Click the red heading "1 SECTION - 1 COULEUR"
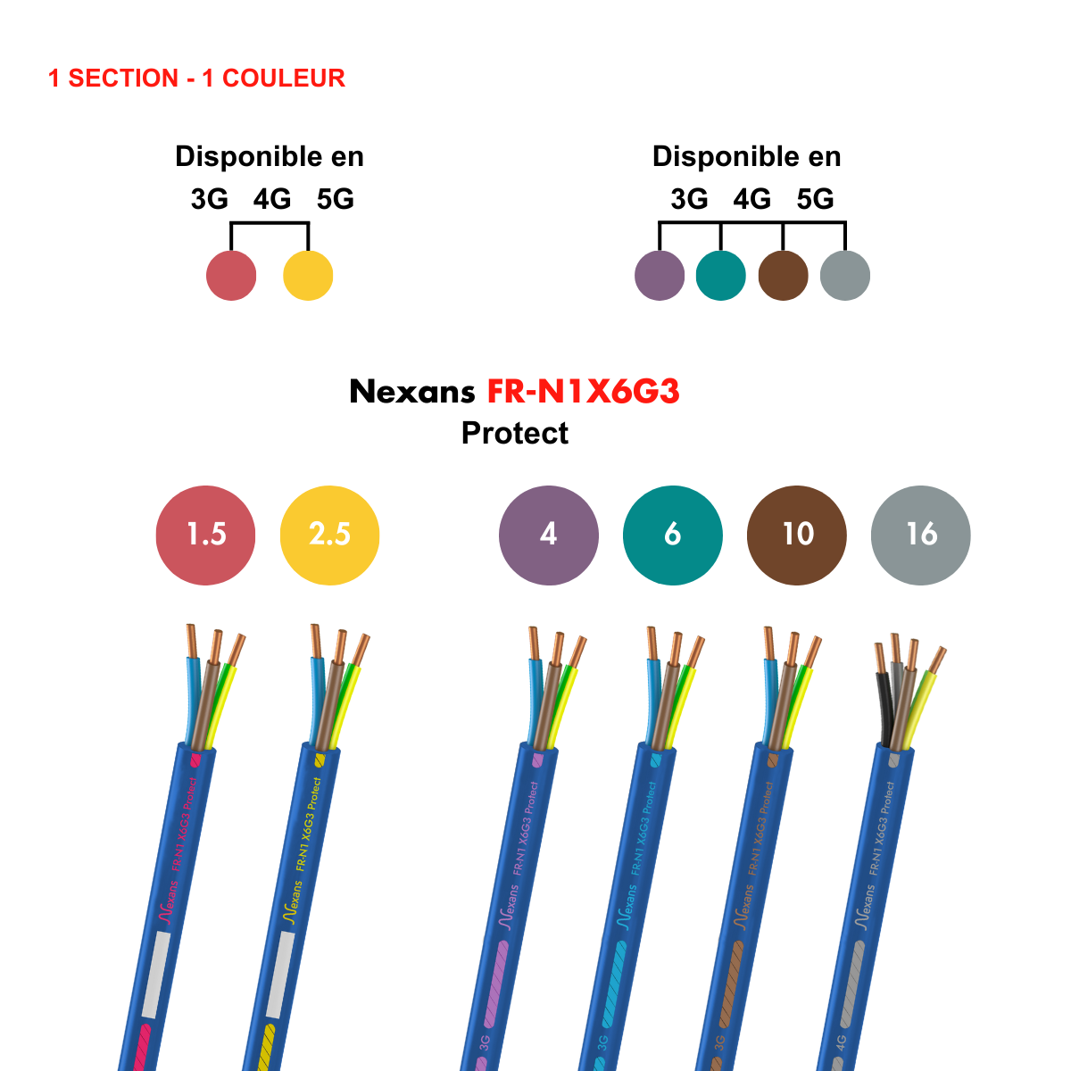[x=196, y=79]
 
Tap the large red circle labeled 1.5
[x=205, y=535]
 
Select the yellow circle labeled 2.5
[x=329, y=535]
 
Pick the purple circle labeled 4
[x=549, y=535]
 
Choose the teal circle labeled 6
[x=673, y=535]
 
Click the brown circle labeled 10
[x=796, y=535]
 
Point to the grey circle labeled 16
[x=920, y=535]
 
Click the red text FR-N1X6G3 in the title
[x=583, y=392]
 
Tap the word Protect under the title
[x=515, y=433]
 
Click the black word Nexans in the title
[x=412, y=392]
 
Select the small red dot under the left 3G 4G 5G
[x=231, y=276]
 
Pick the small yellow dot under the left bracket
[x=308, y=276]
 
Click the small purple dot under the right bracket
[x=660, y=276]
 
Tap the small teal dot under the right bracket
[x=721, y=276]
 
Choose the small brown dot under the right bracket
[x=783, y=276]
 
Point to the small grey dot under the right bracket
[x=844, y=276]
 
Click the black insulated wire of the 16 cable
[x=884, y=705]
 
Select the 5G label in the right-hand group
[x=815, y=199]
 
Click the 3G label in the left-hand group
[x=210, y=199]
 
